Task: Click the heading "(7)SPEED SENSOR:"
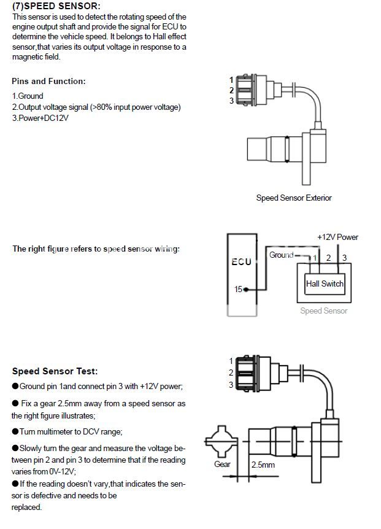56,6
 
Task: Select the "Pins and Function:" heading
49,81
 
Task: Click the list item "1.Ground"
28,96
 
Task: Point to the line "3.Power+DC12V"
40,118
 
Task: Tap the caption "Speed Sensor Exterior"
294,198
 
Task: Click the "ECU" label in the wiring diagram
241,261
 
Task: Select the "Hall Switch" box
325,284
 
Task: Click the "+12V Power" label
337,237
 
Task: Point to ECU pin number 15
237,289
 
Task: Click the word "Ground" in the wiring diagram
282,255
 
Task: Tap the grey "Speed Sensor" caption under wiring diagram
323,311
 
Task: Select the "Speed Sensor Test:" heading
55,371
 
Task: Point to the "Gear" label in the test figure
222,464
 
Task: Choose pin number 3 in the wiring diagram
344,258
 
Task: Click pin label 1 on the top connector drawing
231,80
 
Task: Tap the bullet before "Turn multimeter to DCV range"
15,431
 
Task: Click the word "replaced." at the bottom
26,508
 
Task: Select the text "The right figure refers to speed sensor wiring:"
96,249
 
